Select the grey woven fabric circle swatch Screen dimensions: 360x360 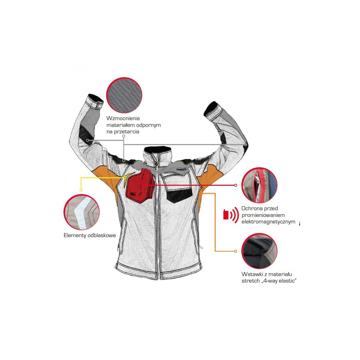pyautogui.click(x=124, y=95)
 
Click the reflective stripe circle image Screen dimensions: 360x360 pyautogui.click(x=82, y=212)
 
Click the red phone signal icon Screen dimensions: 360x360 pyautogui.click(x=231, y=215)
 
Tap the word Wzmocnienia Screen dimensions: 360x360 pyautogui.click(x=123, y=118)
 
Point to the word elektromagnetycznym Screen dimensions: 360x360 pyautogui.click(x=268, y=222)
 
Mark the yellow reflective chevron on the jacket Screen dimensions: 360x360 pyautogui.click(x=128, y=179)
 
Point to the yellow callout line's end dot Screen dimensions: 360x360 pyautogui.click(x=81, y=190)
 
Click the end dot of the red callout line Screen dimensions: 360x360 pyautogui.click(x=235, y=185)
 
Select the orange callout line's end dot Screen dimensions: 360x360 pyautogui.click(x=235, y=251)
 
